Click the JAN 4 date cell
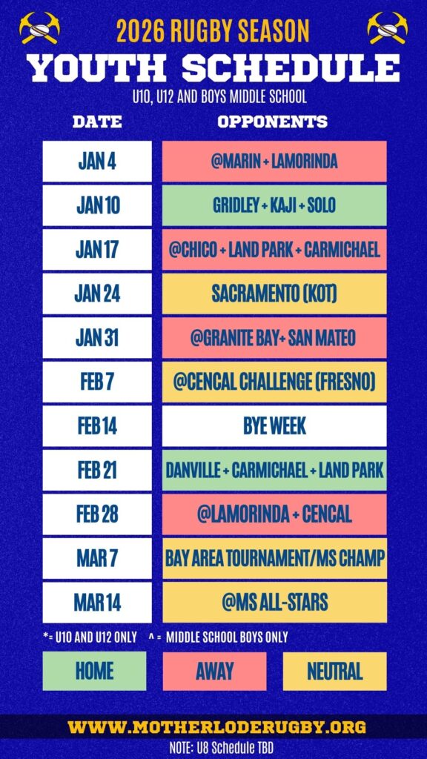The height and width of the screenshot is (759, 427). pyautogui.click(x=97, y=161)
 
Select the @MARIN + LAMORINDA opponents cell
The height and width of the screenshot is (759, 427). pyautogui.click(x=274, y=161)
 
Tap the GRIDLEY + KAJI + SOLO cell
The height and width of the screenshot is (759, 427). pyautogui.click(x=274, y=205)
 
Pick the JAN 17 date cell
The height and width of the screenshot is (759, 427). pyautogui.click(x=97, y=249)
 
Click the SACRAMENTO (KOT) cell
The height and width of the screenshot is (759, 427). pyautogui.click(x=274, y=294)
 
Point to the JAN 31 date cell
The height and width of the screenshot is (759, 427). pyautogui.click(x=97, y=337)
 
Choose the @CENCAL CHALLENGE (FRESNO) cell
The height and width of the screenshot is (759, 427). pyautogui.click(x=274, y=382)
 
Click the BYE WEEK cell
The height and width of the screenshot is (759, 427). pyautogui.click(x=274, y=426)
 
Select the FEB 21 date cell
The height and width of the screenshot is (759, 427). pyautogui.click(x=97, y=470)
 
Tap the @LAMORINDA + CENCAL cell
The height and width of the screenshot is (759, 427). pyautogui.click(x=274, y=514)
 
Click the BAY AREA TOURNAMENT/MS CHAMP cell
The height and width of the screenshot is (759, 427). pyautogui.click(x=274, y=558)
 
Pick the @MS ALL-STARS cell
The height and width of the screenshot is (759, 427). pyautogui.click(x=274, y=602)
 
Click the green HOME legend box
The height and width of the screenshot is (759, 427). pyautogui.click(x=94, y=671)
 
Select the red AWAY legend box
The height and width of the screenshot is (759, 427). pyautogui.click(x=214, y=671)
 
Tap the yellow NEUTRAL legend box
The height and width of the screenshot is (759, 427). pyautogui.click(x=334, y=671)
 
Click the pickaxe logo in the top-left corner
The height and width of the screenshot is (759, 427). pyautogui.click(x=40, y=28)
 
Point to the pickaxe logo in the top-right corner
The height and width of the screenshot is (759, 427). pyautogui.click(x=387, y=28)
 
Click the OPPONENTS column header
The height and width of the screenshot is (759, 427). pyautogui.click(x=273, y=122)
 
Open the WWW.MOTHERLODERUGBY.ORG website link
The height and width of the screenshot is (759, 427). pyautogui.click(x=217, y=726)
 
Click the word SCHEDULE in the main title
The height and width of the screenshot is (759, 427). pyautogui.click(x=291, y=67)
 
